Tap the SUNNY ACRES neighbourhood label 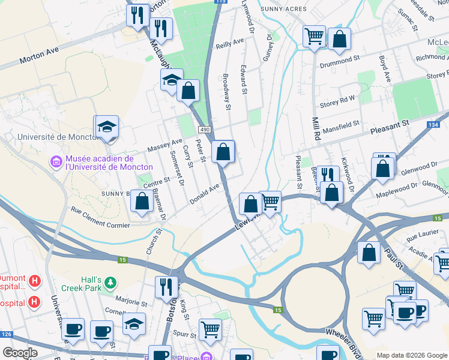283,9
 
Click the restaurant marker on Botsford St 166,287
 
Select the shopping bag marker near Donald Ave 142,202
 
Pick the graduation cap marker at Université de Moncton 107,127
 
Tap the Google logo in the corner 20,353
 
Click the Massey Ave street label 164,145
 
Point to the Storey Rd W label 337,100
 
